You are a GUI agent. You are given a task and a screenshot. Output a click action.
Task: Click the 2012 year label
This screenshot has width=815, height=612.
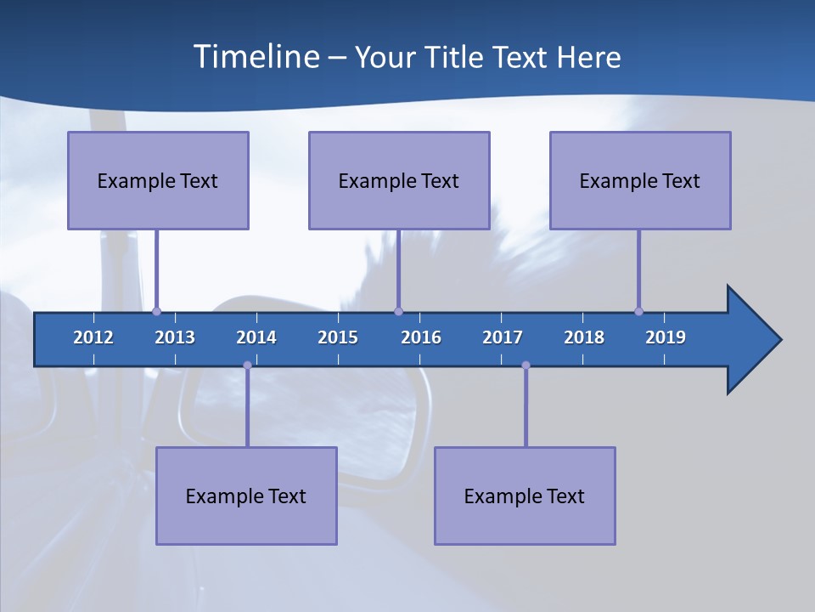93,337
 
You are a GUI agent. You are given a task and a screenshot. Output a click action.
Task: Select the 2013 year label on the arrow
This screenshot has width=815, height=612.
175,337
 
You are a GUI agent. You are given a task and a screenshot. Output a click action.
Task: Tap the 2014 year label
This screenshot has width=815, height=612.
256,337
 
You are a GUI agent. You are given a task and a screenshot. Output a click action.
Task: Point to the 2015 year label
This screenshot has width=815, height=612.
338,337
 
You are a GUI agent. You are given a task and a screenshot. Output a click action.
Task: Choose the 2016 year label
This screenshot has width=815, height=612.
421,337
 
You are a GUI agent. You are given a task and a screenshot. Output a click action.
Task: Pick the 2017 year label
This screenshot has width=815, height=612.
503,337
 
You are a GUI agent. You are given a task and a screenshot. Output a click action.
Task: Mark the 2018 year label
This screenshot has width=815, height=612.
584,337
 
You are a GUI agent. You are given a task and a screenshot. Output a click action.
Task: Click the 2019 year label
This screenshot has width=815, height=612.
666,337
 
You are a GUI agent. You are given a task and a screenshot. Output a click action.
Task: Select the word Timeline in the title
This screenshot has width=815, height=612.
256,57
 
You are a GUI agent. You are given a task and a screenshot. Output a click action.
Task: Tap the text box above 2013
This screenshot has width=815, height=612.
158,180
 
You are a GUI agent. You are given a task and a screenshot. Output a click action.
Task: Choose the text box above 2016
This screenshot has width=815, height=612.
399,180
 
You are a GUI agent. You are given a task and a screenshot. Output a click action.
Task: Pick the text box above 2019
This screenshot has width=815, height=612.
640,180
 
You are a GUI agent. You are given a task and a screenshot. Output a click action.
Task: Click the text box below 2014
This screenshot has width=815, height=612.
246,496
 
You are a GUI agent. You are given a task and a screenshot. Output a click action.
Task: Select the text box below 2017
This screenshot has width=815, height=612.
525,496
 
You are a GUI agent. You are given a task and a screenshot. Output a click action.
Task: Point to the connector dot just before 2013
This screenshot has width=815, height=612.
156,311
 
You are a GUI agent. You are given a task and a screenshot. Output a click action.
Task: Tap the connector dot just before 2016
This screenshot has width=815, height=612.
398,311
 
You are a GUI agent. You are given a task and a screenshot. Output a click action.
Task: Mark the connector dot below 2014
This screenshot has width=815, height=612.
247,365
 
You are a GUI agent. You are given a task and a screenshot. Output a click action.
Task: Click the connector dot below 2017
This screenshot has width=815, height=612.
526,365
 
